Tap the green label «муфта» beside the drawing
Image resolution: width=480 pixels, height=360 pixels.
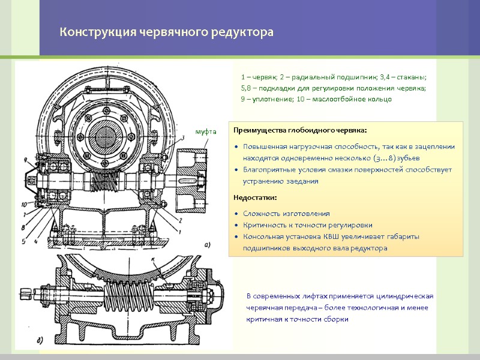click(206, 130)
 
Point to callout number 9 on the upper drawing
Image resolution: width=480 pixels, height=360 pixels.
click(26, 159)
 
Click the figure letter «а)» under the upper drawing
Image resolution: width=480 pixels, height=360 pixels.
click(207, 245)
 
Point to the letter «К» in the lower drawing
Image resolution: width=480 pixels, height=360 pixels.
click(154, 259)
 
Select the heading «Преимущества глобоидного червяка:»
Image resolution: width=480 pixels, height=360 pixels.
click(299, 130)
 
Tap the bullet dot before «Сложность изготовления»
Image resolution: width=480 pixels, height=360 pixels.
click(237, 214)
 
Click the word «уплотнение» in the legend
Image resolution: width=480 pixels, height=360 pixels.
click(266, 99)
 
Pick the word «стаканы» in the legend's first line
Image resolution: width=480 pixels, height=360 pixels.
click(411, 77)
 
